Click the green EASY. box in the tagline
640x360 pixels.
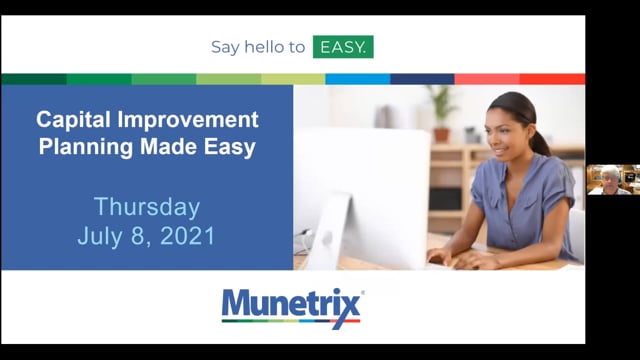(x=343, y=47)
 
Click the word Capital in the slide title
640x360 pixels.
(x=73, y=120)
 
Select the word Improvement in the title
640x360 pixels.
(x=188, y=120)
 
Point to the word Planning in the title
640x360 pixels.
(x=86, y=147)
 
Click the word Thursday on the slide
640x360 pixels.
(x=147, y=207)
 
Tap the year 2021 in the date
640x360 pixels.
(x=187, y=236)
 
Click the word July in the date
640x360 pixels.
(x=100, y=237)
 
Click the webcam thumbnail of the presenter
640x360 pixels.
(x=613, y=180)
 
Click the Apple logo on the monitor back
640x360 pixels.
(x=327, y=238)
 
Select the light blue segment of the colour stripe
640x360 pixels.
(x=358, y=79)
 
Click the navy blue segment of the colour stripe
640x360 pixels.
(x=422, y=79)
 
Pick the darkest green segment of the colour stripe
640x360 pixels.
(x=34, y=79)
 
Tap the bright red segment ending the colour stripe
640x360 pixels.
(x=552, y=79)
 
